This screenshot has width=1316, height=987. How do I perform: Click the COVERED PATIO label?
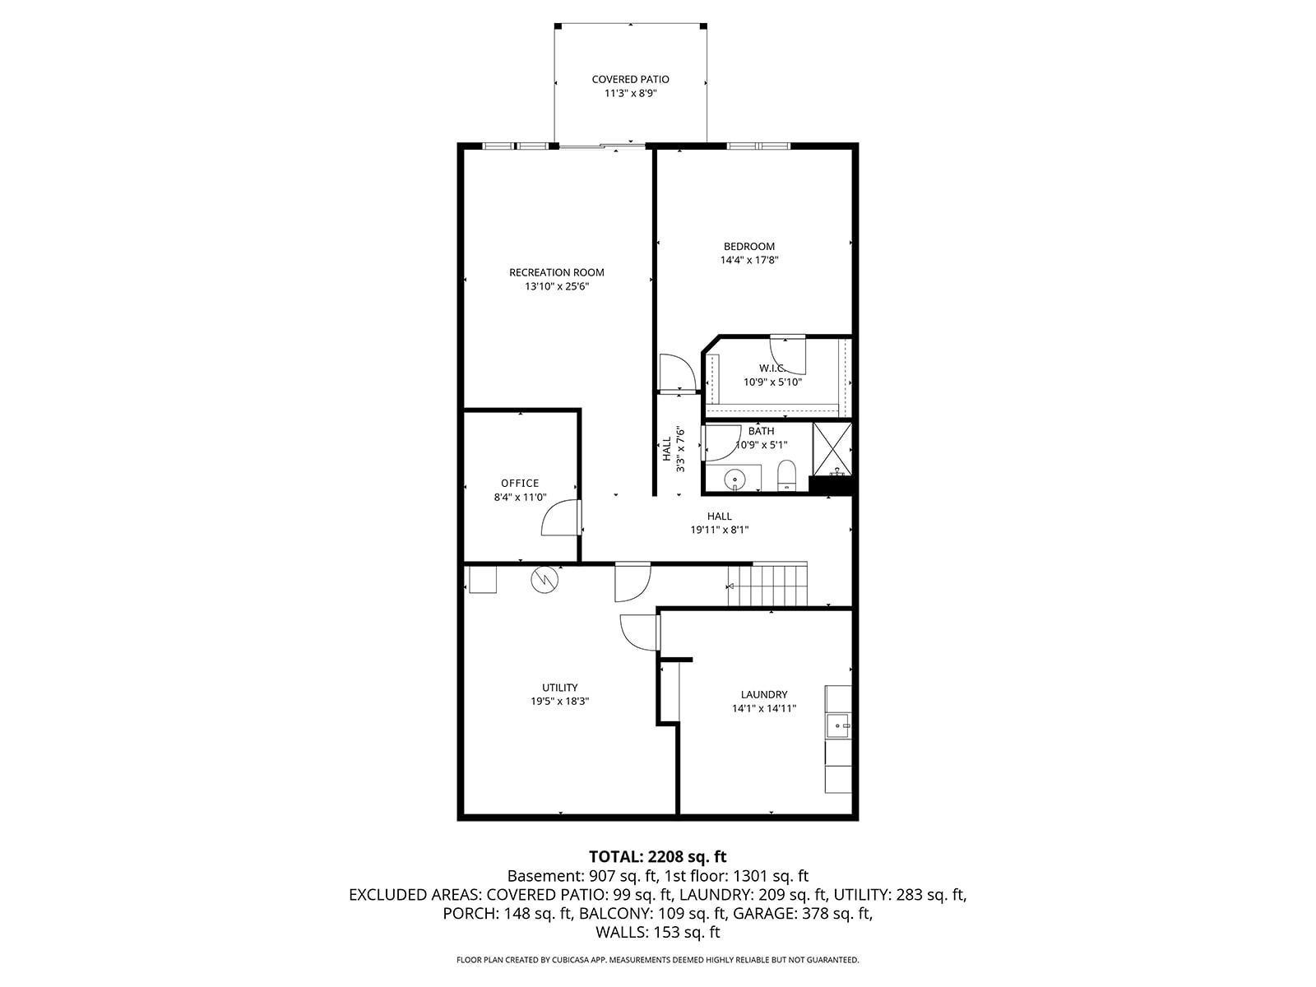(630, 79)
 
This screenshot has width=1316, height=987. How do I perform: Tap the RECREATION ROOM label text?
(556, 272)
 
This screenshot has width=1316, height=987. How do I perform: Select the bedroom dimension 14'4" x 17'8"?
(748, 260)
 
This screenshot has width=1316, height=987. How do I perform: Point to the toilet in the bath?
(785, 475)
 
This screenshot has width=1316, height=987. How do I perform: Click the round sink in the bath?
(734, 480)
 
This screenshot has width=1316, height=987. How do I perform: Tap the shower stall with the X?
(832, 449)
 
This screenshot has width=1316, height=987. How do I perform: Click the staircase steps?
(768, 584)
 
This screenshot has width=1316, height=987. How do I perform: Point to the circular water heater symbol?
(544, 579)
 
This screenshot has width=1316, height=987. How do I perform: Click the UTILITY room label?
(559, 688)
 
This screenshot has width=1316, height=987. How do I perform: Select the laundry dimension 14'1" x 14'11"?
(763, 708)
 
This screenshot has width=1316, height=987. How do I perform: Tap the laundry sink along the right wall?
(838, 725)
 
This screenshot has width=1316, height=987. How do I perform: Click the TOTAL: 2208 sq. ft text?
(658, 855)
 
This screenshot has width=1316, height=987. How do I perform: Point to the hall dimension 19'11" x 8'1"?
(719, 530)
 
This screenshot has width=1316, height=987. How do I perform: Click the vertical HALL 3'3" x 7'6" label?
(673, 449)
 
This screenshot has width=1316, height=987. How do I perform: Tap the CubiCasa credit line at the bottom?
(658, 959)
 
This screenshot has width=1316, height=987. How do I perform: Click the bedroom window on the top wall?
(758, 145)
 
